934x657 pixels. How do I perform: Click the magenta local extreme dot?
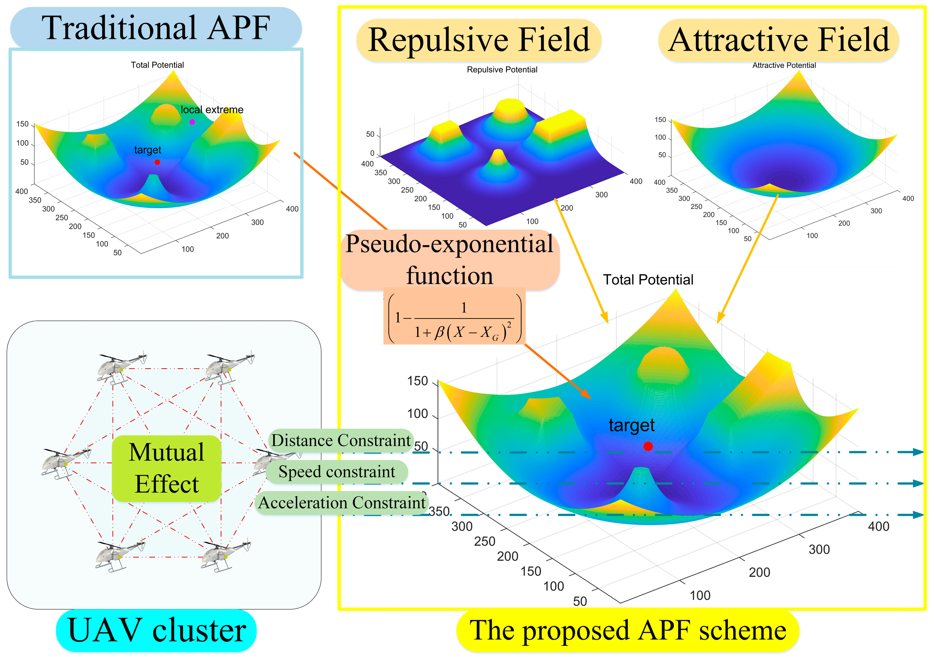pos(192,122)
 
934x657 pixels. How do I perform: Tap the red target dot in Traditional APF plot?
pos(157,162)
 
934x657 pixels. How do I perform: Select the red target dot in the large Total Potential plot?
pos(648,446)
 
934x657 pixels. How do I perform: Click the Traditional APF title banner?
pos(156,28)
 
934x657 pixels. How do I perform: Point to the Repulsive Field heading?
pos(479,40)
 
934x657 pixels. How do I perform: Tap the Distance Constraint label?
pos(341,440)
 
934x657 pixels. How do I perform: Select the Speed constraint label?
pos(337,471)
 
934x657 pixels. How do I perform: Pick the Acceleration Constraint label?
pos(342,503)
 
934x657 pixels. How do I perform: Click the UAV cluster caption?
pos(157,630)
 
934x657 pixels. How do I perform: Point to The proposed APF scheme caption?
pos(628,630)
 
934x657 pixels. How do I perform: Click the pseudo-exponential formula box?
pos(454,317)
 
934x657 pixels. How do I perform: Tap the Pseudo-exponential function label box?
pos(450,260)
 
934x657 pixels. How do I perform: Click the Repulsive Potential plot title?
pos(502,70)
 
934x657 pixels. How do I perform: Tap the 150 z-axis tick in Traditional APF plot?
pos(22,124)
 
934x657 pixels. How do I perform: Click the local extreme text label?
pos(212,109)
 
